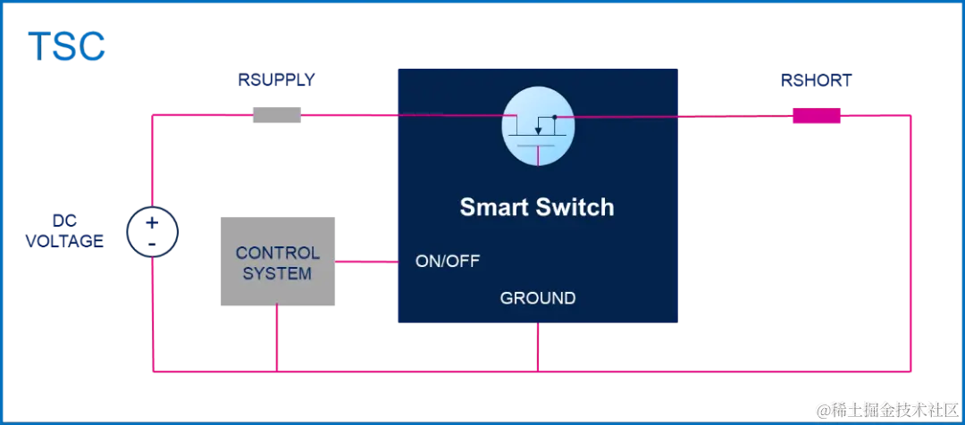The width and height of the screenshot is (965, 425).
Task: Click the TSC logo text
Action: [x=64, y=46]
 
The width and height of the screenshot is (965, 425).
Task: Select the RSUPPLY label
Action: [x=276, y=81]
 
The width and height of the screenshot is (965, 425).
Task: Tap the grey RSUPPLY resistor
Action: [x=278, y=116]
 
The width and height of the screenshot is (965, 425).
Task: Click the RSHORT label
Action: [x=816, y=81]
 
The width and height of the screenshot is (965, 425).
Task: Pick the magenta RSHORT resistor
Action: [x=815, y=117]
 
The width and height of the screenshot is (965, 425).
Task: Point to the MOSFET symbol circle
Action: [x=538, y=126]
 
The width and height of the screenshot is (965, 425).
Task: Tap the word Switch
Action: [x=577, y=207]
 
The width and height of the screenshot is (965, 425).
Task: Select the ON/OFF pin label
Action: [x=448, y=262]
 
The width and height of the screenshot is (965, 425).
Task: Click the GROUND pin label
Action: [x=537, y=298]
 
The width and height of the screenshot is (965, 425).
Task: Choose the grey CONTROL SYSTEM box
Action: [x=275, y=261]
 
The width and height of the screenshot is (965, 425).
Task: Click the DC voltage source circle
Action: [x=154, y=230]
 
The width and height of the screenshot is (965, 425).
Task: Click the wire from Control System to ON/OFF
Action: [x=365, y=262]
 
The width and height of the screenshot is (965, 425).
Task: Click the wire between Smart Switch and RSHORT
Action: [x=733, y=116]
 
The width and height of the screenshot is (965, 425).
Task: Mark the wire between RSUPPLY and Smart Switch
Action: [x=349, y=115]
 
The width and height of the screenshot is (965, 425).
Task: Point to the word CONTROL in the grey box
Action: [x=277, y=253]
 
